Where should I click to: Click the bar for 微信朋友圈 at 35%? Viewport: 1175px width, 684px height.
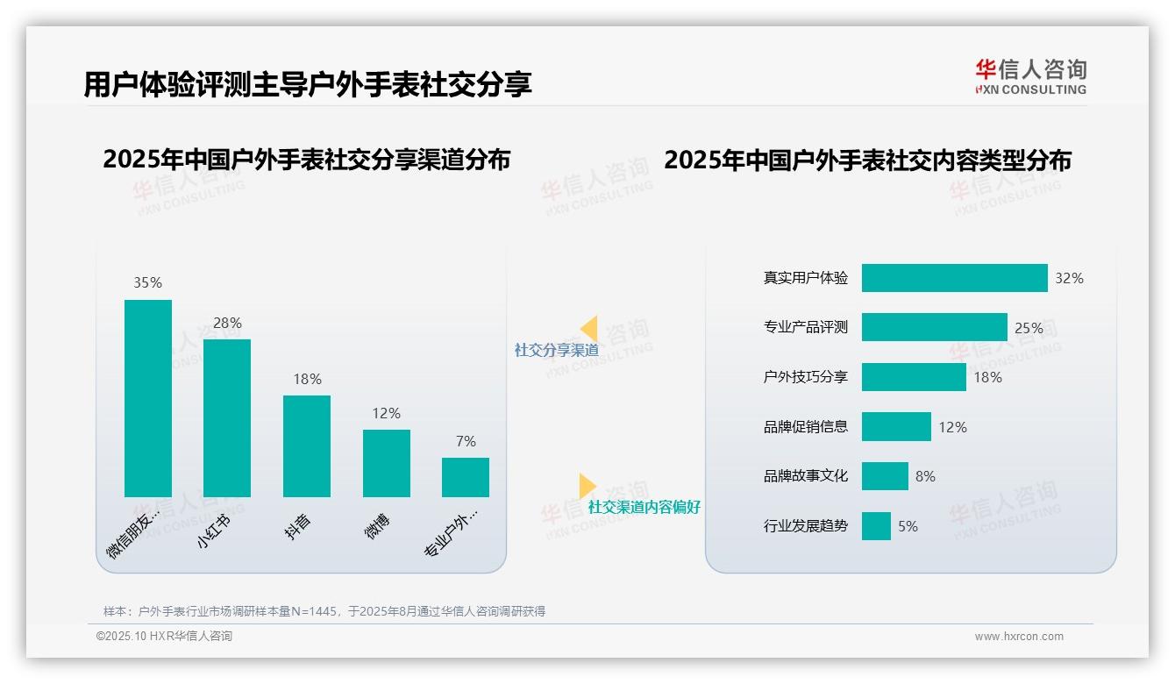coord(148,398)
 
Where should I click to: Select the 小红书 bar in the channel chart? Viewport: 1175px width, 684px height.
coord(227,418)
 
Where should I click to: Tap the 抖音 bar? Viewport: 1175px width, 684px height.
coord(307,446)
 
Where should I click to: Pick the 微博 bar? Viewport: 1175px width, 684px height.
coord(386,463)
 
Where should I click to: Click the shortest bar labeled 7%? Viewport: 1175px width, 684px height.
coord(466,477)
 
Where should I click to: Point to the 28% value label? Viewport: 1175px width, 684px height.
coord(227,323)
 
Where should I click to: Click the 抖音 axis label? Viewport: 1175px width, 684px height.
coord(298,526)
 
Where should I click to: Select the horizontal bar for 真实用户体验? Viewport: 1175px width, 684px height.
coord(954,278)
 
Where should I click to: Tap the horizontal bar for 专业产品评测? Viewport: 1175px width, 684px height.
coord(934,327)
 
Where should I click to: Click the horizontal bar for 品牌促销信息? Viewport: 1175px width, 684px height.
coord(896,427)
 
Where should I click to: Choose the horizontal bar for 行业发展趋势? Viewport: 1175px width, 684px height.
coord(876,526)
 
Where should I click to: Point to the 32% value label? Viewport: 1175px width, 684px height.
coord(1069,278)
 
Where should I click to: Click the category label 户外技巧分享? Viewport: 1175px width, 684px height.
coord(806,377)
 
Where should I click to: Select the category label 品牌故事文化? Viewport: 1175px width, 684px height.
coord(806,476)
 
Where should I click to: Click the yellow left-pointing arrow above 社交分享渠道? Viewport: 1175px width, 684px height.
coord(589,328)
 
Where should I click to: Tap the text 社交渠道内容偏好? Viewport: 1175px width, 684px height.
coord(644,507)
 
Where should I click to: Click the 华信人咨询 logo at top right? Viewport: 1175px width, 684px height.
coord(1030,76)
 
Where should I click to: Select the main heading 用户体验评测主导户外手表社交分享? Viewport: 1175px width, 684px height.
coord(308,85)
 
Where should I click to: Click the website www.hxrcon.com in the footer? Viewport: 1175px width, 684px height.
coord(1019,637)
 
